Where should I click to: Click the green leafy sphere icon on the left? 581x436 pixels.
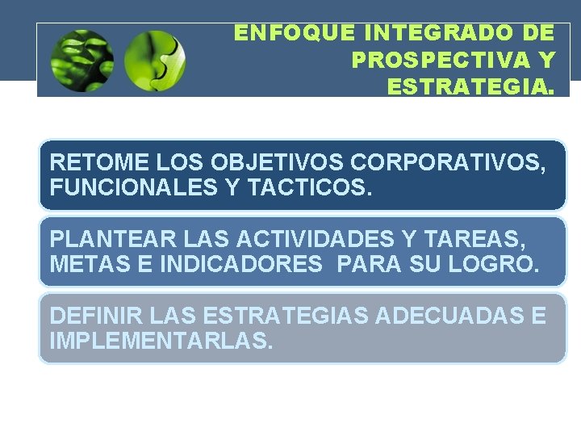pyautogui.click(x=82, y=60)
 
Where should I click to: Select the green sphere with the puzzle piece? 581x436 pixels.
pyautogui.click(x=156, y=60)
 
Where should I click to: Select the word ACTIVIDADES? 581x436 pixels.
pyautogui.click(x=314, y=239)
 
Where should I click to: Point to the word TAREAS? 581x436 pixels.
pyautogui.click(x=484, y=239)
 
